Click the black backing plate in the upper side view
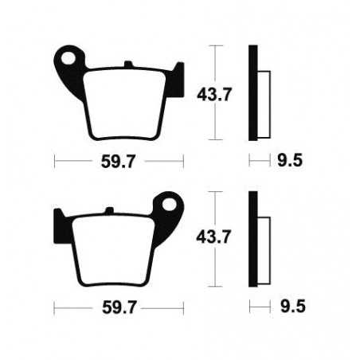pyautogui.click(x=253, y=92)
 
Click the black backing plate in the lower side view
pyautogui.click(x=253, y=239)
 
